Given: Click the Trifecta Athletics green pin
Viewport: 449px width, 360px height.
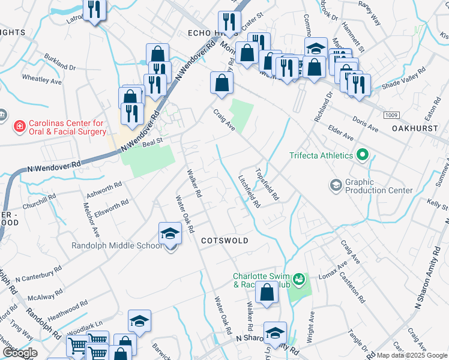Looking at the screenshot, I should tap(361, 155).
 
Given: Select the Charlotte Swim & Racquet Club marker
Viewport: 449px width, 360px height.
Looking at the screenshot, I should tap(298, 280).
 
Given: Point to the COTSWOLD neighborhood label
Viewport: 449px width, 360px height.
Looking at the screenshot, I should tap(224, 240).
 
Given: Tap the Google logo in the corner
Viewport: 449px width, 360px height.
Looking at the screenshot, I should tap(20, 353).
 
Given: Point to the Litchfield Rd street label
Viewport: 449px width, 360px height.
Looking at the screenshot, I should tap(249, 191).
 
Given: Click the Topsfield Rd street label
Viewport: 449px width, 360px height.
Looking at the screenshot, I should tap(268, 183).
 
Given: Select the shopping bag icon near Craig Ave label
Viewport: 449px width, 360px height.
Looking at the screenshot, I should tap(221, 83).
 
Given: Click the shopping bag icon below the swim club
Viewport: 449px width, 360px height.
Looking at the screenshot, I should tap(267, 293).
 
